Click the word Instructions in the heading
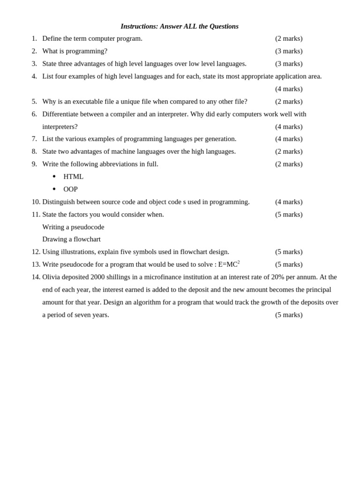click(139, 26)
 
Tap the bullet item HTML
click(73, 177)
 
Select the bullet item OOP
click(70, 189)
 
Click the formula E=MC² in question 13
click(229, 264)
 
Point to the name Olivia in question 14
click(52, 277)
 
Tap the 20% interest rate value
click(277, 277)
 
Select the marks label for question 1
click(289, 38)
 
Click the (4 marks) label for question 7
click(289, 139)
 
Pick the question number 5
click(34, 101)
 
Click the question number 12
click(36, 252)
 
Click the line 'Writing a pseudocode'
click(73, 227)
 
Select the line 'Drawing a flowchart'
click(71, 239)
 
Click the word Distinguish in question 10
click(59, 202)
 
